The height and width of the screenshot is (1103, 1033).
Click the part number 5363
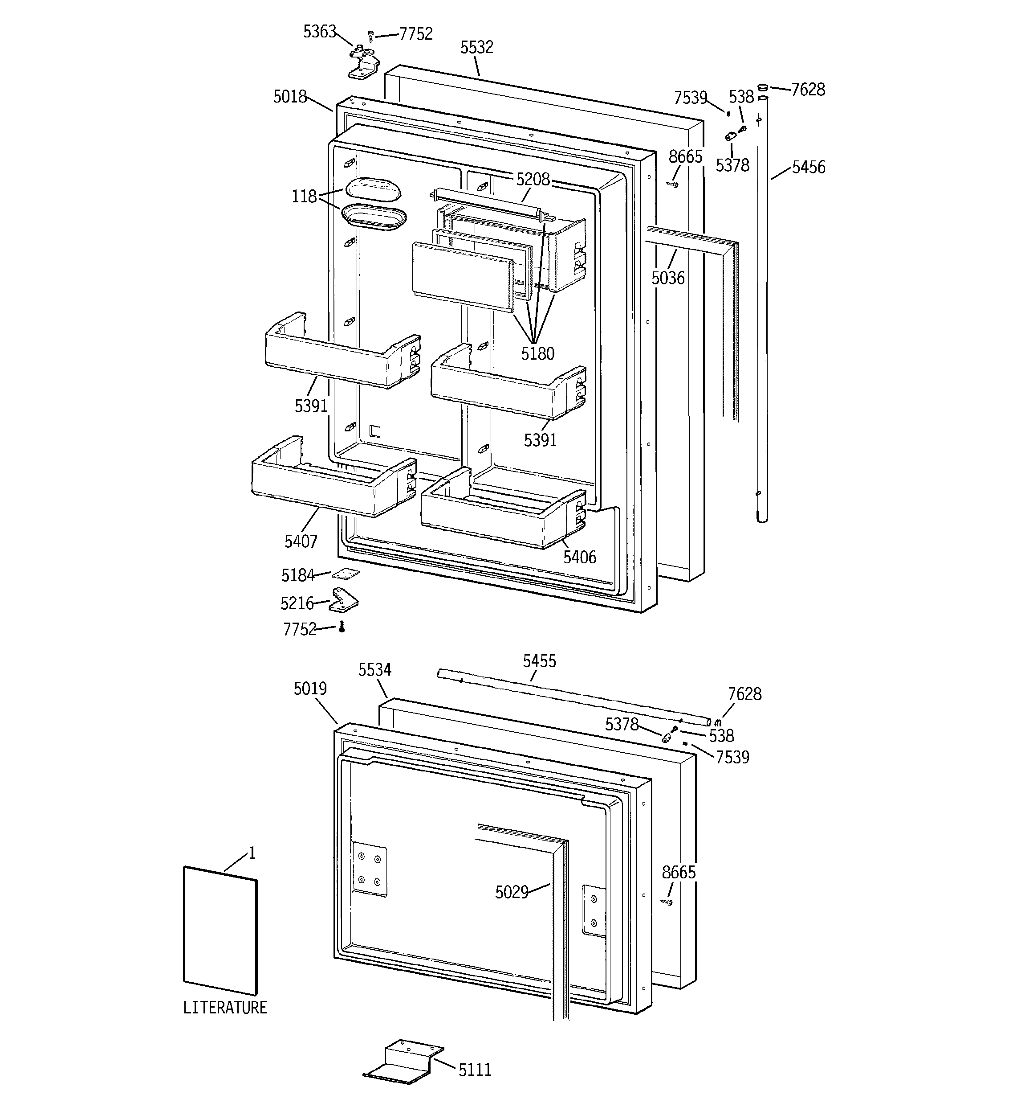(319, 32)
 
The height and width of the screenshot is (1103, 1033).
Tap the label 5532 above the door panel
(476, 47)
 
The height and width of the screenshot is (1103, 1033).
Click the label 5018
(289, 97)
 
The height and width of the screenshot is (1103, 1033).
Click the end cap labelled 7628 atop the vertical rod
(764, 88)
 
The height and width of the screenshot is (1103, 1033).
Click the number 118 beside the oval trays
(304, 197)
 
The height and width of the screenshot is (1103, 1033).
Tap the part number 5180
(537, 353)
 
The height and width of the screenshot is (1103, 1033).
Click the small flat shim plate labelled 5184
(346, 574)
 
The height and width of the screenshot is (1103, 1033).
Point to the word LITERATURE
(225, 1007)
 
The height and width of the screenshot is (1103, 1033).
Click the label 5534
(374, 670)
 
